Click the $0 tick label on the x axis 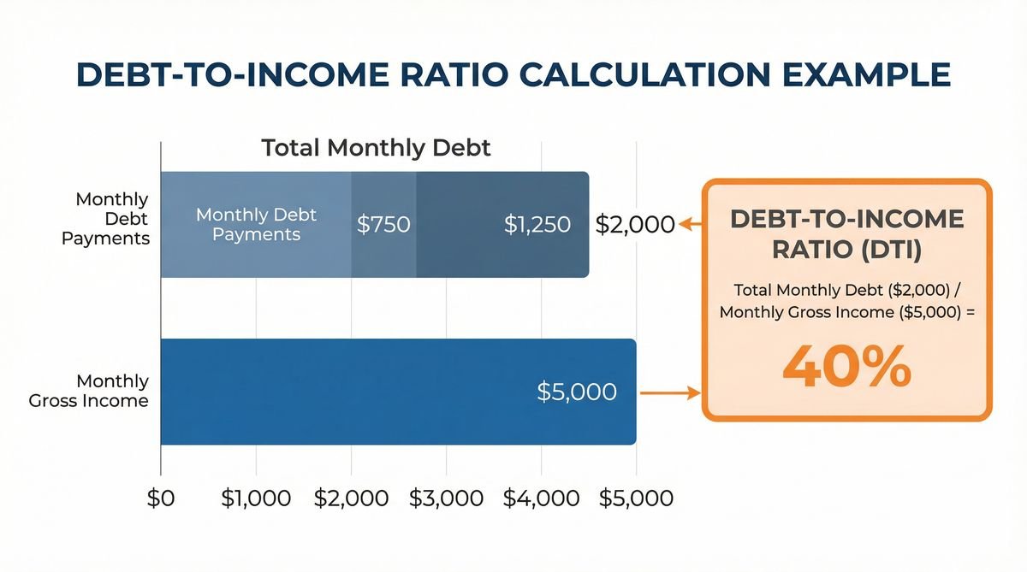coord(159,499)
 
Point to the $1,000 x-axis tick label coord(256,499)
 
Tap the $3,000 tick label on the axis coord(446,499)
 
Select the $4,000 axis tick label coord(541,499)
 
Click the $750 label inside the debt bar coord(383,225)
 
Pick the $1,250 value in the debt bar coord(537,225)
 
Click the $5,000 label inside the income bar coord(576,392)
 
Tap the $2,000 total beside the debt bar coord(635,225)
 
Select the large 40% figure coord(847,369)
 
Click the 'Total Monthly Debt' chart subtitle coord(377,148)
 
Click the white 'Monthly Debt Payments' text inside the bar coord(256,224)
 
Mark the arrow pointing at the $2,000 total coord(689,225)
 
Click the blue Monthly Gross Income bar coord(342,392)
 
